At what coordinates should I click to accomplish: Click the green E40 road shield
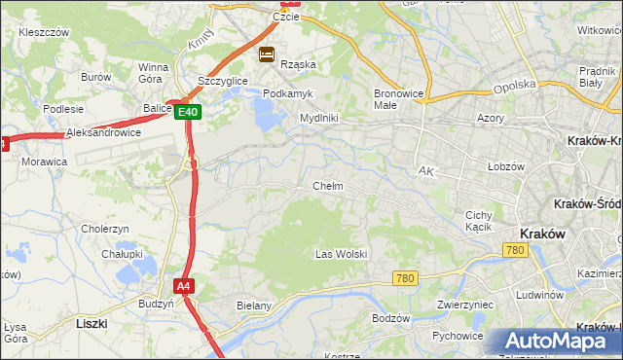tap(189, 113)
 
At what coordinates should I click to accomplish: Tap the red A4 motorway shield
tap(184, 286)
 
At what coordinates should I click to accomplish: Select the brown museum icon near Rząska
tap(267, 54)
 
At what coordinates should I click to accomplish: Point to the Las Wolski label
tap(341, 254)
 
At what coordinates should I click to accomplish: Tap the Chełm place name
tap(327, 186)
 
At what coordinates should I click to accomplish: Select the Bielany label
tap(254, 306)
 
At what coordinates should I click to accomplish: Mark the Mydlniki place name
tap(318, 118)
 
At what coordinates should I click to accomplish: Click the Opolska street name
tap(514, 85)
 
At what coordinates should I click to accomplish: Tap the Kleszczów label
tap(44, 32)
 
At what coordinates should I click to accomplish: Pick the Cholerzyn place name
tap(105, 229)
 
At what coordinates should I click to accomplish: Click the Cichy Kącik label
tap(479, 221)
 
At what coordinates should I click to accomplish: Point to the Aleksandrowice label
tap(103, 132)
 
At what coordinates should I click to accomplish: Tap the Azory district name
tap(490, 118)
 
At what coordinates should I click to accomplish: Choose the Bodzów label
tap(391, 318)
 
